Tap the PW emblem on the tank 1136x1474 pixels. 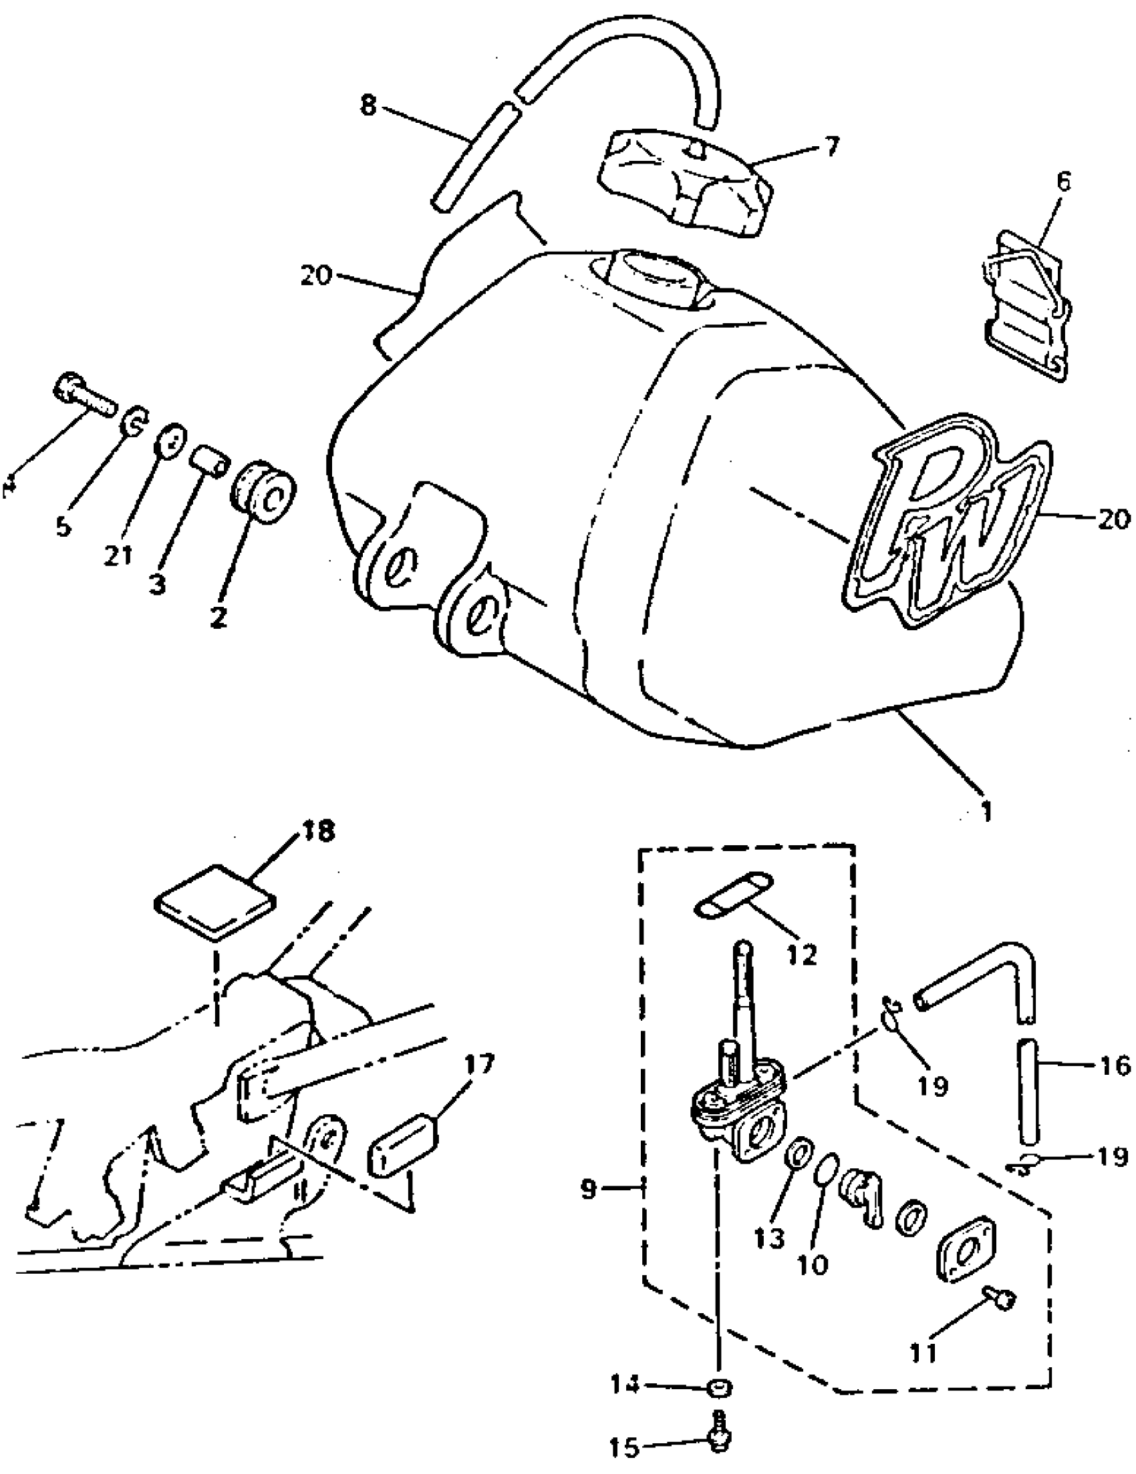[x=946, y=523]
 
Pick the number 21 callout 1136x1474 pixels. [x=118, y=555]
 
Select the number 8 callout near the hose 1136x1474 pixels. [x=368, y=106]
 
